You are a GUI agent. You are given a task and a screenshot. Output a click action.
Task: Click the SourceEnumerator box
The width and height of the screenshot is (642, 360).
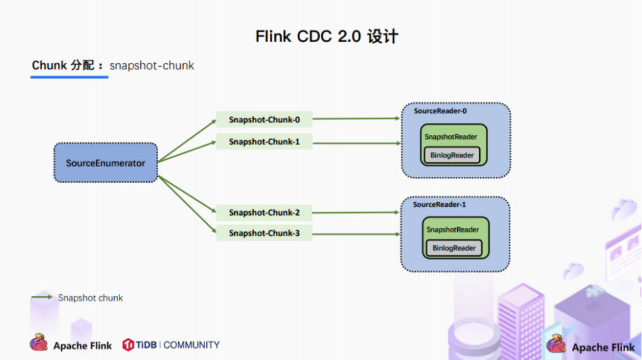(x=106, y=162)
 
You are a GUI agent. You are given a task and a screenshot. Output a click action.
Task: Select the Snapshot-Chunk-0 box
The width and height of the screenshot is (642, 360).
(x=264, y=119)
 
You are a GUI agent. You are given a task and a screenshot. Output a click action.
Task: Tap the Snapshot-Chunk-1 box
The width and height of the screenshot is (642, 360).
(x=264, y=141)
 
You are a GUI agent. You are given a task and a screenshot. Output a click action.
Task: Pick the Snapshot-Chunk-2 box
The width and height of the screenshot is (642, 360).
(x=264, y=213)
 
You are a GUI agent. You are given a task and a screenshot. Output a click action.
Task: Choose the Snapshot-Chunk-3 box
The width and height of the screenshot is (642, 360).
(x=264, y=233)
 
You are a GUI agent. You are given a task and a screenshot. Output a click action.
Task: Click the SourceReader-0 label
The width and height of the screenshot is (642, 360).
(x=440, y=111)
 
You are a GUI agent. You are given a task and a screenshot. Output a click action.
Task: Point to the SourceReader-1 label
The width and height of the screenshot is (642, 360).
(x=439, y=204)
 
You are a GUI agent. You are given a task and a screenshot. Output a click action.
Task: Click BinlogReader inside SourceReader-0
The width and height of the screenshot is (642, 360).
(x=452, y=155)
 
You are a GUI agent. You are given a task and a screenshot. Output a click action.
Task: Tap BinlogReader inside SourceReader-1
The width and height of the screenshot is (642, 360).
(x=454, y=248)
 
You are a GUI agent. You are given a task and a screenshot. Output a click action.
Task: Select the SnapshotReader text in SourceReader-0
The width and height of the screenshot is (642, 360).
(x=451, y=137)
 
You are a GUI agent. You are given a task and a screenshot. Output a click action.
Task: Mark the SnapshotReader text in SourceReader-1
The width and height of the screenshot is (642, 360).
(x=452, y=229)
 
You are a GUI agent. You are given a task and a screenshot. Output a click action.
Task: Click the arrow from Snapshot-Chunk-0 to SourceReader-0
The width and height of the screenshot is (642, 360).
(x=356, y=119)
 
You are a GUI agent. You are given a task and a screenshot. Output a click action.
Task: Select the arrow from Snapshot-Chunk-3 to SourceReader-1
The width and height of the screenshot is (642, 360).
(x=356, y=234)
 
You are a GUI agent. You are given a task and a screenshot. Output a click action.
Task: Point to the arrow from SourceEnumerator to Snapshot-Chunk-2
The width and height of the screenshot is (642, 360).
(x=187, y=194)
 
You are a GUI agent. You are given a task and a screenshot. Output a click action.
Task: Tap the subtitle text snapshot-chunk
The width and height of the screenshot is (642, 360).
(x=152, y=65)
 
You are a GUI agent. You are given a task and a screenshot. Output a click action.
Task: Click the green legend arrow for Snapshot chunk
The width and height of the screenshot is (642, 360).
(x=42, y=297)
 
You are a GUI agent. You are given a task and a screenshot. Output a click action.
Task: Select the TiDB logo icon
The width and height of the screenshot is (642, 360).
(x=128, y=345)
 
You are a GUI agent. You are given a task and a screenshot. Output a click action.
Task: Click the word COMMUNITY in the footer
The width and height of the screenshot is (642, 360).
(x=191, y=345)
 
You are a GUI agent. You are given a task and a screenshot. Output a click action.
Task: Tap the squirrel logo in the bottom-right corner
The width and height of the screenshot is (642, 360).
(x=556, y=343)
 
